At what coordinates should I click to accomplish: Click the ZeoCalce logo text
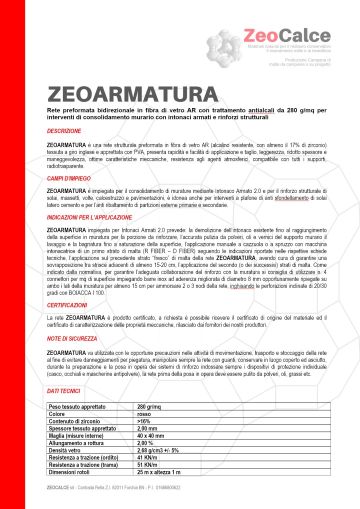click(x=286, y=35)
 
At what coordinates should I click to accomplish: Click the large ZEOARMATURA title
click(x=132, y=94)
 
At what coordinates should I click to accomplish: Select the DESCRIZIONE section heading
click(x=64, y=131)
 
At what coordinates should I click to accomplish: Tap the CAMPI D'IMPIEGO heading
click(x=69, y=178)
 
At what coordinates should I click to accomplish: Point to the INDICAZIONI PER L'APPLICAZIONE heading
click(x=89, y=217)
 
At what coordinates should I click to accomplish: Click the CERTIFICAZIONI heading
click(x=67, y=304)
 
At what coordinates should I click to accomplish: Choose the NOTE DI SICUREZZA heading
click(x=72, y=338)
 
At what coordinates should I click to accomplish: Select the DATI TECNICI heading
click(x=63, y=390)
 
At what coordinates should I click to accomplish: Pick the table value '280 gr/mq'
click(x=149, y=406)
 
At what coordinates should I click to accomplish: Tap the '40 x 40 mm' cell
click(x=151, y=436)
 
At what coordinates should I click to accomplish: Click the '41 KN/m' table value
click(x=147, y=457)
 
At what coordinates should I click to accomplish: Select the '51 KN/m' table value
click(x=147, y=465)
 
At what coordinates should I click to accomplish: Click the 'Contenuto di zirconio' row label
click(x=74, y=421)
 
